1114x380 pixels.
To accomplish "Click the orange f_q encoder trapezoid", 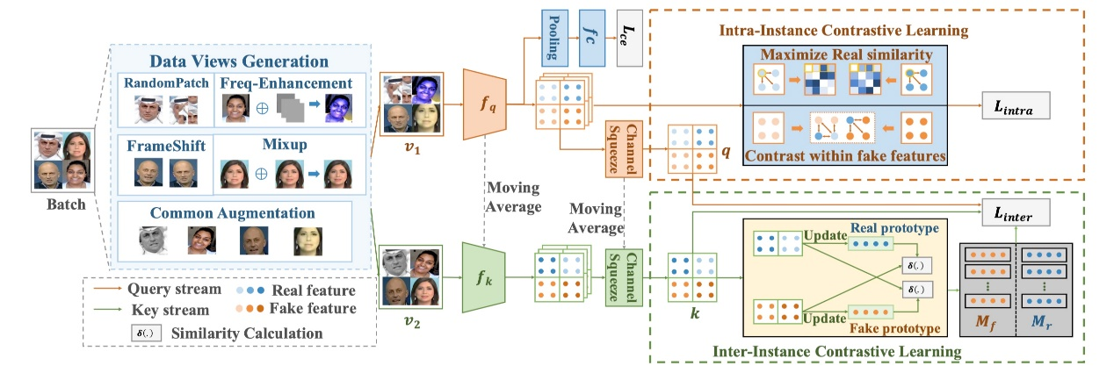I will coord(486,108).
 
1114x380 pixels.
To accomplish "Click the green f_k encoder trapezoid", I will coord(486,278).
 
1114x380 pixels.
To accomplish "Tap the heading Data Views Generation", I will coord(239,61).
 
